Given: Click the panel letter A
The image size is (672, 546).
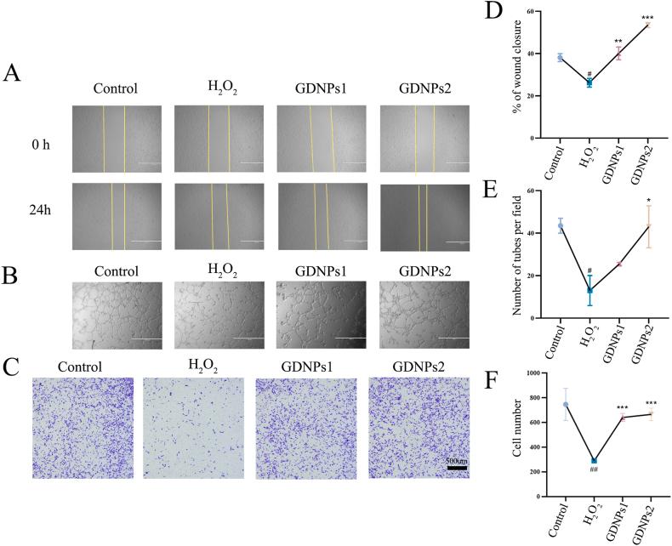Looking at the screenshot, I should click(x=12, y=74).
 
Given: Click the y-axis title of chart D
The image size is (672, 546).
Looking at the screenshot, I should click(x=513, y=75).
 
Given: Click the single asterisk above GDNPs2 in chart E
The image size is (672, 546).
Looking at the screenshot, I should click(x=647, y=198).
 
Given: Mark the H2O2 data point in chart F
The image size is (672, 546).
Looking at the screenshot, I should click(x=590, y=460).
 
